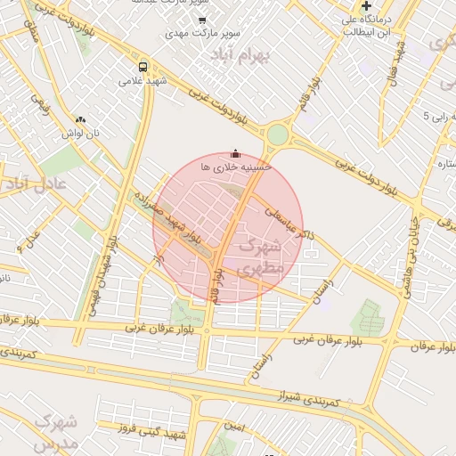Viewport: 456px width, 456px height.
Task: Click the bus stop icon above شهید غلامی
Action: (x=143, y=66)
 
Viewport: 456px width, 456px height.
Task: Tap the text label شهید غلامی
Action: (x=143, y=81)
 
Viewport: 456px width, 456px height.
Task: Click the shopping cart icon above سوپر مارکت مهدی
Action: (x=202, y=20)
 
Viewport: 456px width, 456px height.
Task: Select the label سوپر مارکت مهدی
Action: (x=203, y=34)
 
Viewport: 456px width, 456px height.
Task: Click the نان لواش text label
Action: (x=79, y=133)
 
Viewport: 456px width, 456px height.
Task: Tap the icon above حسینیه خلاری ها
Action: (x=235, y=152)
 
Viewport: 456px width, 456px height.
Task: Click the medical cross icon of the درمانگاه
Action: (x=366, y=6)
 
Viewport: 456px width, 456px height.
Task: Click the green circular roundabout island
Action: (x=278, y=135)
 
